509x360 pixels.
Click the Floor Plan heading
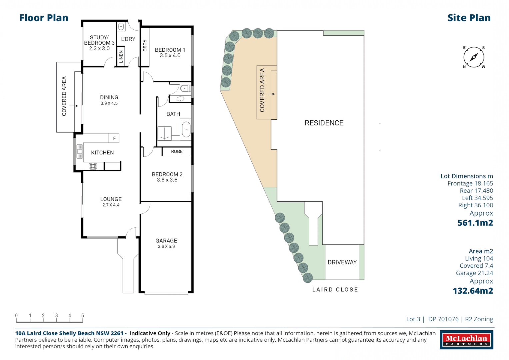pyautogui.click(x=44, y=18)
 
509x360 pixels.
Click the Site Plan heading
pyautogui.click(x=469, y=18)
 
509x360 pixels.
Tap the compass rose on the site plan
pyautogui.click(x=474, y=57)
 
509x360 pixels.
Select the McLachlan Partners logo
pyautogui.click(x=466, y=340)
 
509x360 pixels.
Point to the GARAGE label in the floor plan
pyautogui.click(x=166, y=241)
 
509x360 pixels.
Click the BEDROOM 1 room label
pyautogui.click(x=170, y=50)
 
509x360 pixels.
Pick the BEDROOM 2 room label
pyautogui.click(x=167, y=174)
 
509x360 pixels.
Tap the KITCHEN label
pyautogui.click(x=102, y=153)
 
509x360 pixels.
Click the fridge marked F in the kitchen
pyautogui.click(x=114, y=138)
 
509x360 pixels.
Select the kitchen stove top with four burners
pyautogui.click(x=93, y=166)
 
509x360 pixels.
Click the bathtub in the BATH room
pyautogui.click(x=186, y=129)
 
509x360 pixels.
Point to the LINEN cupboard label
pyautogui.click(x=121, y=57)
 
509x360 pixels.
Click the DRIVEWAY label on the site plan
pyautogui.click(x=342, y=262)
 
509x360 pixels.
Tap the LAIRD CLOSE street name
pyautogui.click(x=335, y=290)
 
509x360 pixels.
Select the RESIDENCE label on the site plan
pyautogui.click(x=324, y=123)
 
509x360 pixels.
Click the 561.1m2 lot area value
pyautogui.click(x=475, y=223)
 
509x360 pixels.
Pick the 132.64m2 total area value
pyautogui.click(x=473, y=291)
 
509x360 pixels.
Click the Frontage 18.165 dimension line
pyautogui.click(x=470, y=184)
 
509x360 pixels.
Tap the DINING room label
pyautogui.click(x=109, y=97)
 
